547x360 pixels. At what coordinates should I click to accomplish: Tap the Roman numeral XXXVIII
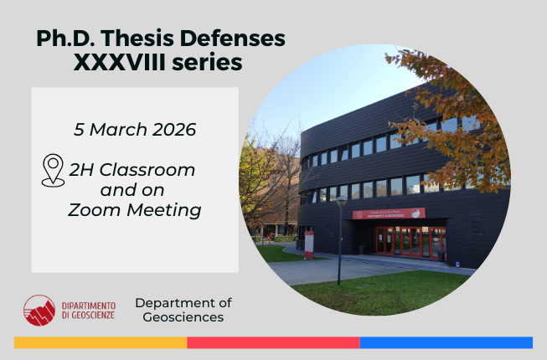[x=121, y=62]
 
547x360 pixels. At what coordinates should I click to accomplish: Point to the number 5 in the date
[x=79, y=130]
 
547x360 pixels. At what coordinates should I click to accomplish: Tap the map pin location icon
[x=53, y=169]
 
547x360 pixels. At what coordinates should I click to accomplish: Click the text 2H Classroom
[x=132, y=170]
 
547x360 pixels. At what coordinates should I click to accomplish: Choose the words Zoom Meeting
[x=135, y=210]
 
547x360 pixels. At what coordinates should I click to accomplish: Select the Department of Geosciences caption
[x=183, y=310]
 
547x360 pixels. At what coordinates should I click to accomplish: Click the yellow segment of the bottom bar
[x=101, y=342]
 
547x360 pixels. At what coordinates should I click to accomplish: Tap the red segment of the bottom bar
[x=273, y=342]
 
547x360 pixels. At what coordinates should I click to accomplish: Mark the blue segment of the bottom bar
[x=446, y=342]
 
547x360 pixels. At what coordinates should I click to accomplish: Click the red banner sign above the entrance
[x=388, y=213]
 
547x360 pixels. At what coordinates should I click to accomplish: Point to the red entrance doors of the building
[x=400, y=241]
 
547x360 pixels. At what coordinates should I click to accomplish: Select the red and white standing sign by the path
[x=309, y=244]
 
